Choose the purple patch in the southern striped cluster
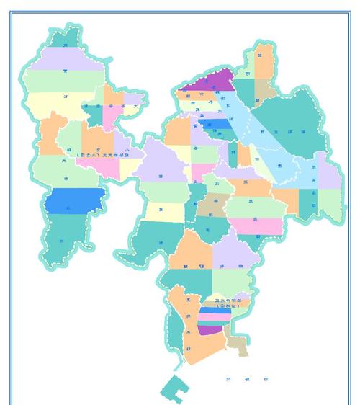coord(210,329)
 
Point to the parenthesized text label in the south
coord(226,303)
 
